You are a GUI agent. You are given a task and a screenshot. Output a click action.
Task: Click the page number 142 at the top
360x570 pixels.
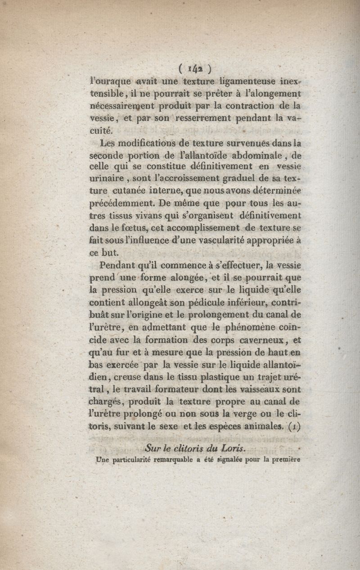click(195, 69)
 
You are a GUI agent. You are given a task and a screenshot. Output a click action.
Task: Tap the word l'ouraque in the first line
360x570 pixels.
click(111, 81)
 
